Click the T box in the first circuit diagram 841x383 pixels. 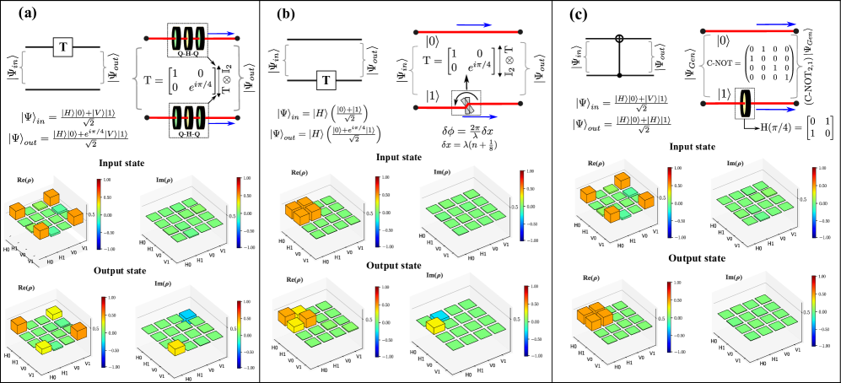(x=62, y=47)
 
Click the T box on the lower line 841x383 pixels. (x=326, y=80)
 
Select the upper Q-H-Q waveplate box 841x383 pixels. (x=187, y=40)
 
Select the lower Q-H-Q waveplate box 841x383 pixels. (x=187, y=120)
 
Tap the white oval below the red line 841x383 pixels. (x=441, y=47)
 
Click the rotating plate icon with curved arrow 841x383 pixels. (x=466, y=103)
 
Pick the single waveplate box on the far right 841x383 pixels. (x=744, y=103)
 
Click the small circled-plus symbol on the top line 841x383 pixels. (x=619, y=38)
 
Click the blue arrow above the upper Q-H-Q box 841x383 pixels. (x=222, y=34)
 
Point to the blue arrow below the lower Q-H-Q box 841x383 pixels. (x=222, y=123)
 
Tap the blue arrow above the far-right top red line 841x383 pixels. (x=776, y=24)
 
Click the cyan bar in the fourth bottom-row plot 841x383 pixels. (x=438, y=316)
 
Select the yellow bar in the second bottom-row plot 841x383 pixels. (x=177, y=348)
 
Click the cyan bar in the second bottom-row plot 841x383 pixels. (x=187, y=315)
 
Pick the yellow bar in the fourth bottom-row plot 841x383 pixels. (x=435, y=326)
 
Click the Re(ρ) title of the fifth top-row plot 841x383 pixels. (x=596, y=163)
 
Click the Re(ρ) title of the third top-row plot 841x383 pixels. (x=299, y=173)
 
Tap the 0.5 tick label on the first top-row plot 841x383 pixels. (x=104, y=214)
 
